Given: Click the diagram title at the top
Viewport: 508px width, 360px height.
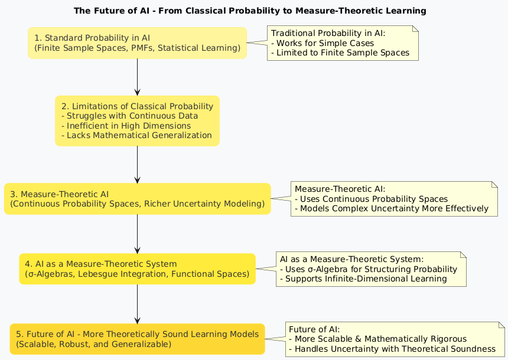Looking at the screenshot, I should [x=250, y=11].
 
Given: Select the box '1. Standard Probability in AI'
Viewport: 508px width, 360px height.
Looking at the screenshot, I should [x=137, y=42].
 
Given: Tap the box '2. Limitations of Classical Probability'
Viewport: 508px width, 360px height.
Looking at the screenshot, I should [x=137, y=120].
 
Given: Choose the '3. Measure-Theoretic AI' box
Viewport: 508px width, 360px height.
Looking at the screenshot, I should [x=137, y=198].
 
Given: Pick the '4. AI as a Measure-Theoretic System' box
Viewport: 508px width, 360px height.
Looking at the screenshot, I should [x=137, y=269].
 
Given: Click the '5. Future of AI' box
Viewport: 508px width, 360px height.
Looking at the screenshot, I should [x=137, y=339].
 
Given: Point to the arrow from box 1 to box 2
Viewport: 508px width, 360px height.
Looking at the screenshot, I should [x=137, y=77].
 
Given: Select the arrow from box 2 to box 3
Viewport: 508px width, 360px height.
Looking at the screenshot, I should [x=137, y=164].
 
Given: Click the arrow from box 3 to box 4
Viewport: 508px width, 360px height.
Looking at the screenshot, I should [x=137, y=234].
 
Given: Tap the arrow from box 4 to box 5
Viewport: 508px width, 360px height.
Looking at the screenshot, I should [x=137, y=304].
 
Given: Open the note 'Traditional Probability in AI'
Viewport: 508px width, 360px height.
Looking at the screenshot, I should [x=343, y=42].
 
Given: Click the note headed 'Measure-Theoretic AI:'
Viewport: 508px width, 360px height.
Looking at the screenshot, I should [x=394, y=198].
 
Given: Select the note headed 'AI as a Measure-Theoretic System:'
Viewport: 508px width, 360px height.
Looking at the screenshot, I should [x=371, y=269].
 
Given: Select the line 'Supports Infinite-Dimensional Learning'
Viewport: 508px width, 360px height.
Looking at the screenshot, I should [x=366, y=279].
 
